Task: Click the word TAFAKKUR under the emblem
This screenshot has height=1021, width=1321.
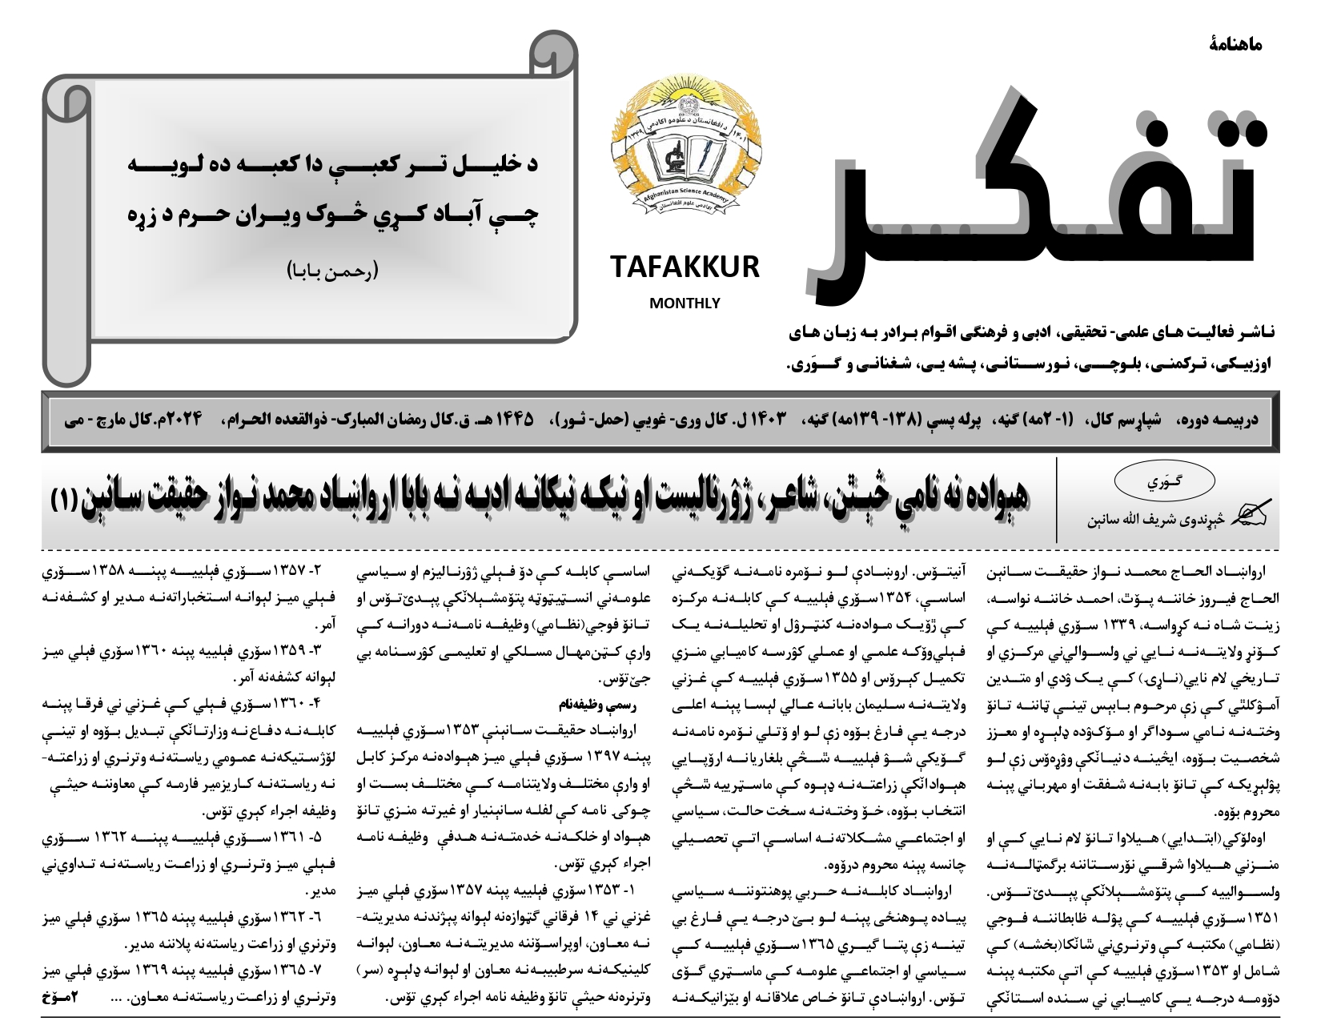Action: coord(685,267)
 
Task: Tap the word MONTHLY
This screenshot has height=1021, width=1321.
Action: coord(685,303)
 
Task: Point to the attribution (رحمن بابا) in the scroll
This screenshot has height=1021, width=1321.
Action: coord(331,270)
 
